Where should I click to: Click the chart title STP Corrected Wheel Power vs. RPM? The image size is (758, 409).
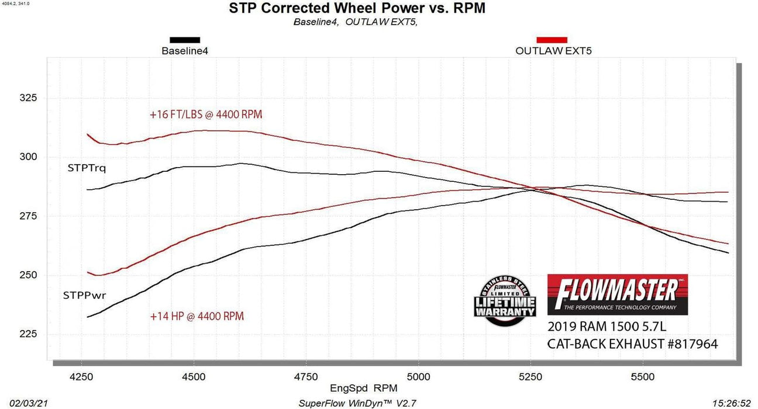(357, 9)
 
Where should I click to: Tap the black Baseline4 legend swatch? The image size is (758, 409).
(185, 40)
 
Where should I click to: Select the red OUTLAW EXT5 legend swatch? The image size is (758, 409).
(552, 40)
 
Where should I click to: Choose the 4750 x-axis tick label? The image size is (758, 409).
(306, 377)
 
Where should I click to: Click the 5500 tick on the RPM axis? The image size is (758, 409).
(643, 377)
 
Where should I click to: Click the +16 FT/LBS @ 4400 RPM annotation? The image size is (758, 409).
(205, 115)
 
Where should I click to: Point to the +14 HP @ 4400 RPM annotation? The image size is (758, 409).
(197, 317)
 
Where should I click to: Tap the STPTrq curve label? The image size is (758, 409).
(87, 169)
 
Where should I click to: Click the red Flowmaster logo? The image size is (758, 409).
(617, 294)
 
